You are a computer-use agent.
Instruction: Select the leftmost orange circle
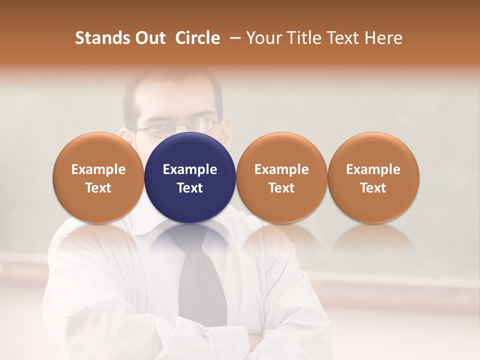(98, 177)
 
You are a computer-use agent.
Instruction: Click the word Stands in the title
(102, 38)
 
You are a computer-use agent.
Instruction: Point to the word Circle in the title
(197, 38)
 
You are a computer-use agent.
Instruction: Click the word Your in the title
(262, 38)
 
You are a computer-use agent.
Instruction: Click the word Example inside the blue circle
(190, 169)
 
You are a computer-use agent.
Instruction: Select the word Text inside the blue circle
(190, 188)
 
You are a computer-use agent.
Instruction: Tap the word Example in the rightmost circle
(373, 169)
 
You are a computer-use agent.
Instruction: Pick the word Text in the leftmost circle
(98, 188)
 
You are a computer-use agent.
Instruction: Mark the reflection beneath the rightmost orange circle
(373, 238)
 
